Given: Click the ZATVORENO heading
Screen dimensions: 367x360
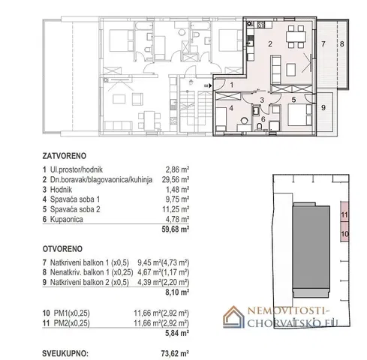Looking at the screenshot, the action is (x=65, y=156).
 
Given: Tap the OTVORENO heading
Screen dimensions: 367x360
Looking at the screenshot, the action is (x=62, y=249).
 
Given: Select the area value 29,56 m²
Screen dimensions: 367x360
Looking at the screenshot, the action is (x=176, y=179).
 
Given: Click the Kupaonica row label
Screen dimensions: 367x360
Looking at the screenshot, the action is (x=67, y=219).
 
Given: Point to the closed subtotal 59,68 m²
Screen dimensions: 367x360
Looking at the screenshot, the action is (x=175, y=229).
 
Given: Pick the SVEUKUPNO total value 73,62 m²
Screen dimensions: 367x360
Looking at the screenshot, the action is (x=175, y=354).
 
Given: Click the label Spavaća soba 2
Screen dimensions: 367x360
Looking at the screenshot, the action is (x=75, y=209).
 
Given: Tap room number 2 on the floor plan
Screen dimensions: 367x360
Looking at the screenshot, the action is (x=270, y=44).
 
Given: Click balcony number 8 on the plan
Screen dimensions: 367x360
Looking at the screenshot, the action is (x=342, y=44).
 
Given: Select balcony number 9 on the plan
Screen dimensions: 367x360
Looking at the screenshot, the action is (x=323, y=108).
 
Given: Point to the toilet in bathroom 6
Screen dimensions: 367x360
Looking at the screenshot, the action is (x=260, y=127).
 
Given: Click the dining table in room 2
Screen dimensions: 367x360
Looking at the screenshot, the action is (x=296, y=37).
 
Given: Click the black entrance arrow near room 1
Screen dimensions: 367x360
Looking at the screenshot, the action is (x=210, y=85).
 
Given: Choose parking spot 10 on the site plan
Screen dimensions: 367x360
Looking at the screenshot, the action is (x=344, y=232).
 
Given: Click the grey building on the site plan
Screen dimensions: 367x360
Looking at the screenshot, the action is (x=311, y=250).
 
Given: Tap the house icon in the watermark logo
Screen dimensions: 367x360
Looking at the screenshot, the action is (x=233, y=316).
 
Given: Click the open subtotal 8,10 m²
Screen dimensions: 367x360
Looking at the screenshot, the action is (x=177, y=292).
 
